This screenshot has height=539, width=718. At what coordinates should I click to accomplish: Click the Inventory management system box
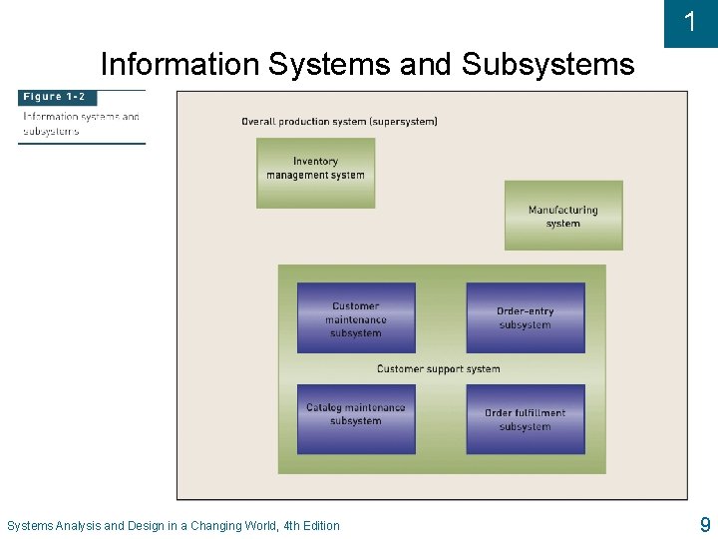pos(315,173)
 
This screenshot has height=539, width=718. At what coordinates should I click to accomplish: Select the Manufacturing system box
pos(563,215)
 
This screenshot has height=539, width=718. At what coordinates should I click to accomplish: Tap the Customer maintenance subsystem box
pos(356,317)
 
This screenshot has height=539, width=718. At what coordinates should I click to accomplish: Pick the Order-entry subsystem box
pos(526,317)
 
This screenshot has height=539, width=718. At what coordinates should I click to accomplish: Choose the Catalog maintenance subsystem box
pos(356,418)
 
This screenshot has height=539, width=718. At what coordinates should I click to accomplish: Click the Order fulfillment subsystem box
pos(526,418)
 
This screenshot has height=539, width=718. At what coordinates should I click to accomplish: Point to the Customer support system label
pos(439,369)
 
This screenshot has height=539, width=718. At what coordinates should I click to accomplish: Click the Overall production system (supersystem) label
pos(339,122)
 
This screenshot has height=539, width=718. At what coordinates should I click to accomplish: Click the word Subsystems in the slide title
pos(547,65)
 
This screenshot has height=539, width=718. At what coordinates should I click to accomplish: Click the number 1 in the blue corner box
pos(690,22)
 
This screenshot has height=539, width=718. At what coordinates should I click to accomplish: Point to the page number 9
pos(705,524)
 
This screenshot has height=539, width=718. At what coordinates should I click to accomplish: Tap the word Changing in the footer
pos(215,526)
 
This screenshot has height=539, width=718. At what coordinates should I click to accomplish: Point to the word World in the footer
pos(259,526)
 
